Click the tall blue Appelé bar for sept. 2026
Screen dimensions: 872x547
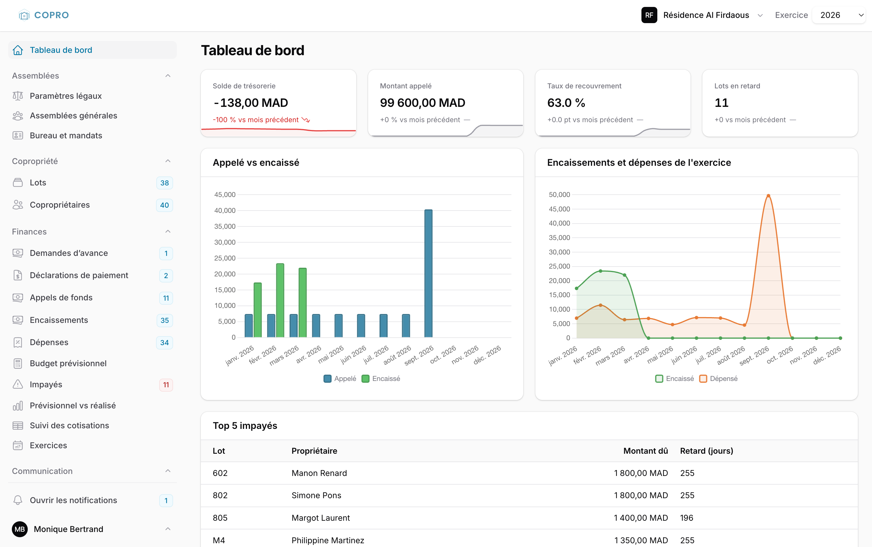428,273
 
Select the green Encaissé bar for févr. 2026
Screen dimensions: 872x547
280,300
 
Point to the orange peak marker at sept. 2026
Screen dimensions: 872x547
768,196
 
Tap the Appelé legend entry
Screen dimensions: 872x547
340,378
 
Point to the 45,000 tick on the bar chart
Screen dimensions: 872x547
225,195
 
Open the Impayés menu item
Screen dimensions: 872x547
46,384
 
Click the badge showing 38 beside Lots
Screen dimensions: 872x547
165,183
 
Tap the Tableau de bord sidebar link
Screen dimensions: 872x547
61,50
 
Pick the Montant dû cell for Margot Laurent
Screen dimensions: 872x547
641,518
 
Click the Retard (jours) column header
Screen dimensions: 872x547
706,451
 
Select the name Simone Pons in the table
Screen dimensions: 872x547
316,495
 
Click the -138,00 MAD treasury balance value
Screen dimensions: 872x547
251,103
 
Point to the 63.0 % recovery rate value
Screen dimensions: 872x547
566,103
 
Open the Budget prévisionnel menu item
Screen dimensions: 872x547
68,363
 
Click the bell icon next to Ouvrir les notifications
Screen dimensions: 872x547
18,500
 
